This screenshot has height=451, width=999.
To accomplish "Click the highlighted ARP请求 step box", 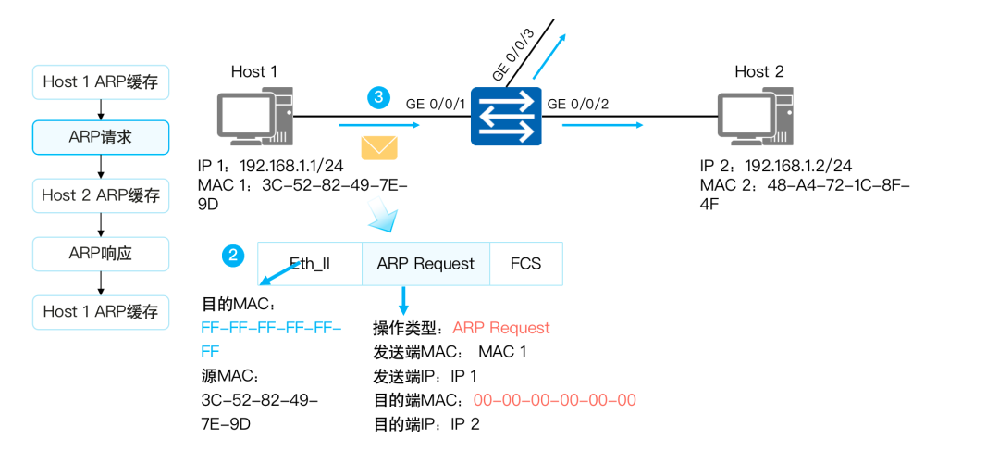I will [x=100, y=138].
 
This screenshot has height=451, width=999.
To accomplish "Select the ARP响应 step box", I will [x=100, y=252].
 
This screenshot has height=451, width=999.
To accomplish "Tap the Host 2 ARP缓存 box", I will [x=100, y=195].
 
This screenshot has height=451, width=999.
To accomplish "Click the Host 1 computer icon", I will [x=254, y=118].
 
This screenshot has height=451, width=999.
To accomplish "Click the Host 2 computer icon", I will [x=756, y=117].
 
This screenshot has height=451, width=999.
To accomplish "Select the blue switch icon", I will [x=505, y=117].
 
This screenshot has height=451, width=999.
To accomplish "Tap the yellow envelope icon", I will [x=378, y=147].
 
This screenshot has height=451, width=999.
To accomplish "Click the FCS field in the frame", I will [x=525, y=264].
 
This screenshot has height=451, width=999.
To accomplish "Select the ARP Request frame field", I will [x=425, y=264].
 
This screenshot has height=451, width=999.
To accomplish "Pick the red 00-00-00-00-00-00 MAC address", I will [x=554, y=400].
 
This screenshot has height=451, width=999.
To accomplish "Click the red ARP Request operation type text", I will [x=500, y=328].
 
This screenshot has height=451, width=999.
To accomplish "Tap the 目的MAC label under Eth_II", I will [x=239, y=304].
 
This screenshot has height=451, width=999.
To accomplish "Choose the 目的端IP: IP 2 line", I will [x=426, y=424].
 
